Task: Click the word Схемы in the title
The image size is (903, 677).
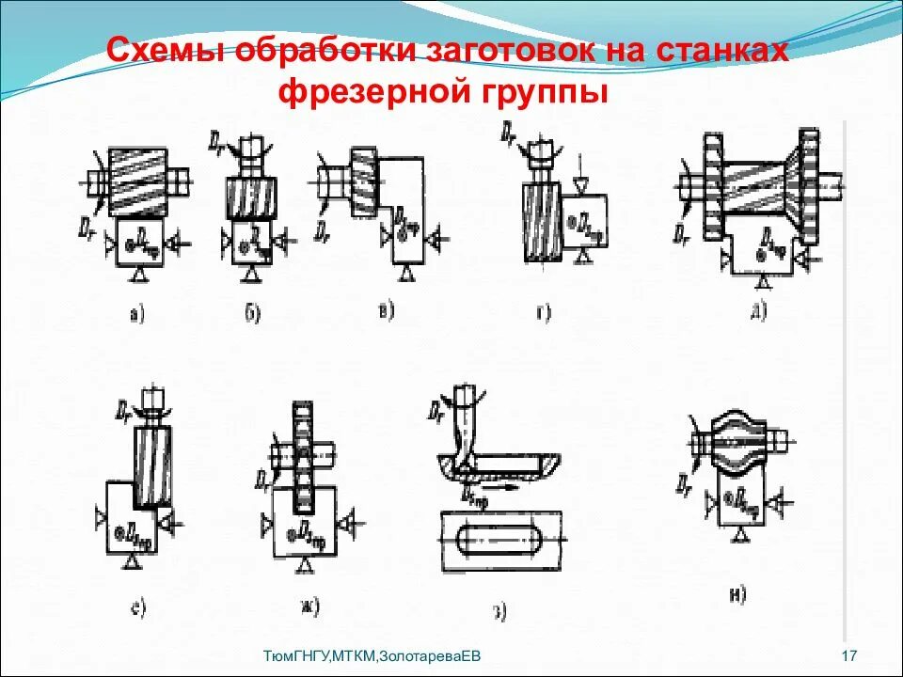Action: [164, 50]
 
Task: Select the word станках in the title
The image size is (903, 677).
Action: [721, 50]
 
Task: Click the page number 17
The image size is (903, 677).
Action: [849, 654]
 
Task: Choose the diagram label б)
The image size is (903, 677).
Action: [252, 314]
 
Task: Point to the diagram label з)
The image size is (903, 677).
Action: [499, 612]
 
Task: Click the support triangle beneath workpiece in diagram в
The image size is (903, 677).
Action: [407, 273]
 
